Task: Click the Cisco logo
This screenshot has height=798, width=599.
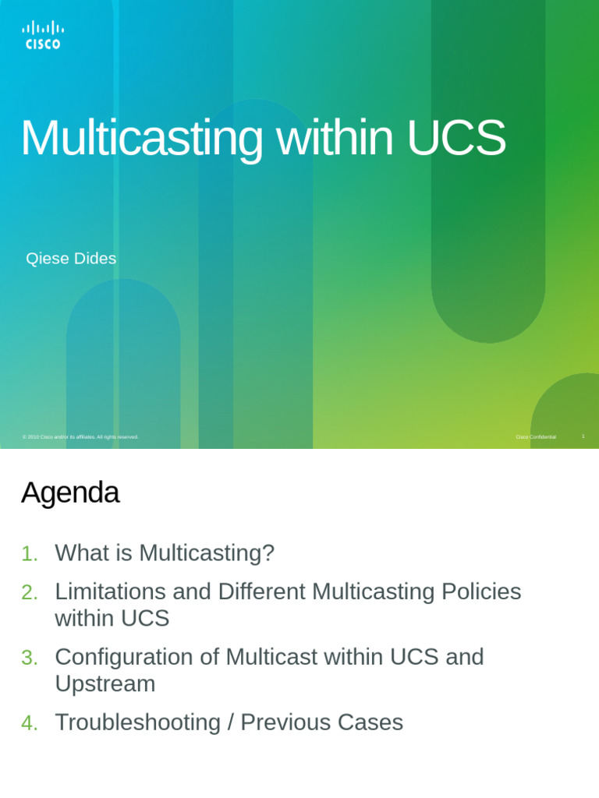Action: pos(43,36)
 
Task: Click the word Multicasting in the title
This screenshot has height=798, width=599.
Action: pos(141,139)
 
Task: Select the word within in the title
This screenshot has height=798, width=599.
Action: pos(334,139)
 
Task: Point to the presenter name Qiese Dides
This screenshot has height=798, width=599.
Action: pos(71,259)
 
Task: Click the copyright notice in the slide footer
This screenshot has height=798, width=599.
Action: pos(80,437)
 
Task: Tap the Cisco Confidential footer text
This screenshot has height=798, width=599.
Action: pos(536,437)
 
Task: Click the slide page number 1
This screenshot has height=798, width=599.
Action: pos(583,436)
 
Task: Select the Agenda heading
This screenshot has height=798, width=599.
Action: pos(70,493)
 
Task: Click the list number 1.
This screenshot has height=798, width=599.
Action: pos(29,554)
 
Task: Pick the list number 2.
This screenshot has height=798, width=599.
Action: pos(29,593)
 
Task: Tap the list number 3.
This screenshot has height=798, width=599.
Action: pos(29,659)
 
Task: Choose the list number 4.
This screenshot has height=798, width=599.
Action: pos(29,724)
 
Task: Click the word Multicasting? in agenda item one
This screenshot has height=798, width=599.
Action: pos(207,553)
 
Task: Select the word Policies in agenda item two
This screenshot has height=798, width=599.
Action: pos(481,591)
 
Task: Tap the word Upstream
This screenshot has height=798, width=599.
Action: pos(105,683)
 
